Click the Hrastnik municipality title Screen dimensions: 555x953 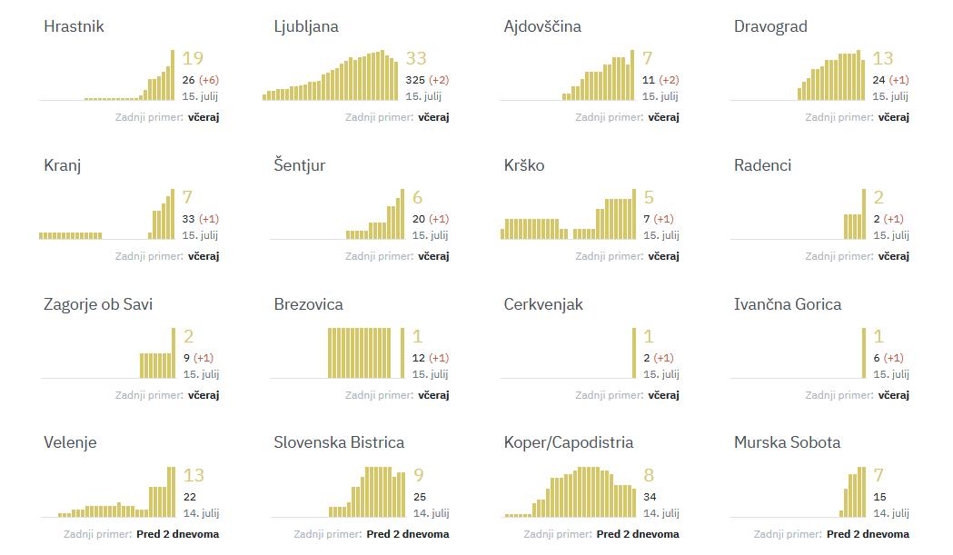point(74,26)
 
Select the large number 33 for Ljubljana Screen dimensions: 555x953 point(416,58)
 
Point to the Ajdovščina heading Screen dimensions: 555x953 point(542,26)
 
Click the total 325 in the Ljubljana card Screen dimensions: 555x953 point(415,80)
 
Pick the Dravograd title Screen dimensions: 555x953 point(770,26)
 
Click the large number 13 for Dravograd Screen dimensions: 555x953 point(882,58)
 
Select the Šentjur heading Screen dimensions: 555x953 point(300,165)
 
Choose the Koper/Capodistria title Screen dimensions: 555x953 point(569,442)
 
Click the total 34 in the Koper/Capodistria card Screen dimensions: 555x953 point(650,497)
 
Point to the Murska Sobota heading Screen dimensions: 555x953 point(787,442)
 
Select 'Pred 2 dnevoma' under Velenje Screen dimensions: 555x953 point(177,534)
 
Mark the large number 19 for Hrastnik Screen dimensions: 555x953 point(193,58)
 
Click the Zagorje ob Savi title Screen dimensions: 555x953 point(98,304)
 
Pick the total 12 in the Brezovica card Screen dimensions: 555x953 point(419,358)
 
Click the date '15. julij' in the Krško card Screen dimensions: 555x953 point(661,235)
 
